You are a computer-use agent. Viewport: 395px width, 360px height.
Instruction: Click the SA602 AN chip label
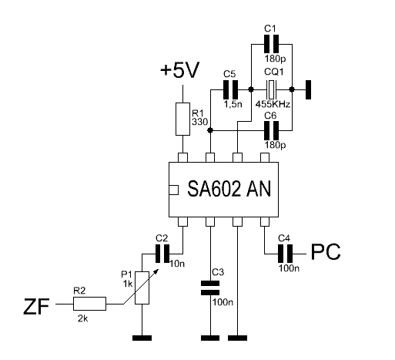[x=229, y=189]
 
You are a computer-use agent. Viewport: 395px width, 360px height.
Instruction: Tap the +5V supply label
[x=179, y=70]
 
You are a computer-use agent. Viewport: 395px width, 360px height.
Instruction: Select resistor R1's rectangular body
[x=182, y=119]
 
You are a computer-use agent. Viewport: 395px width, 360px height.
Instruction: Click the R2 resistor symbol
[x=89, y=304]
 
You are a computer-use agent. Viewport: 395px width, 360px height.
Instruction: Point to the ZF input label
[x=36, y=307]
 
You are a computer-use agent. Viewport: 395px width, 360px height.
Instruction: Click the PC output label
[x=326, y=252]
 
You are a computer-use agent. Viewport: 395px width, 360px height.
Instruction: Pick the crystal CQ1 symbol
[x=271, y=89]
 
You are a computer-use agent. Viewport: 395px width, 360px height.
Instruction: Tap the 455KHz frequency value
[x=273, y=104]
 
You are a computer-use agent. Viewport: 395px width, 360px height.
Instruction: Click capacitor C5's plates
[x=230, y=89]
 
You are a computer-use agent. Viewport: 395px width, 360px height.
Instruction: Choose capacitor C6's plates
[x=272, y=130]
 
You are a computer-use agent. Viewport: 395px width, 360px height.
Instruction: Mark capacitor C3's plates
[x=210, y=288]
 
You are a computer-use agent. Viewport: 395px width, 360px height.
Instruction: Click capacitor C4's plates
[x=286, y=254]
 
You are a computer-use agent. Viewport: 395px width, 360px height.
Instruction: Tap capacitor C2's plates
[x=162, y=254]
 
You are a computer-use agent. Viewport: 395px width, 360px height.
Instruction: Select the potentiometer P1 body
[x=142, y=288]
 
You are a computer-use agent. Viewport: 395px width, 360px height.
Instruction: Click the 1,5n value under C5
[x=233, y=104]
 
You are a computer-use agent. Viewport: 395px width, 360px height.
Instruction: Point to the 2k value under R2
[x=83, y=318]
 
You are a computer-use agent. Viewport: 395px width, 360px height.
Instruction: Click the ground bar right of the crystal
[x=308, y=89]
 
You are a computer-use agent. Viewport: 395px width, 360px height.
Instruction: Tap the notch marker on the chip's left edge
[x=174, y=190]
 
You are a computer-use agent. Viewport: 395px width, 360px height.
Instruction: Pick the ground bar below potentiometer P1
[x=142, y=338]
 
